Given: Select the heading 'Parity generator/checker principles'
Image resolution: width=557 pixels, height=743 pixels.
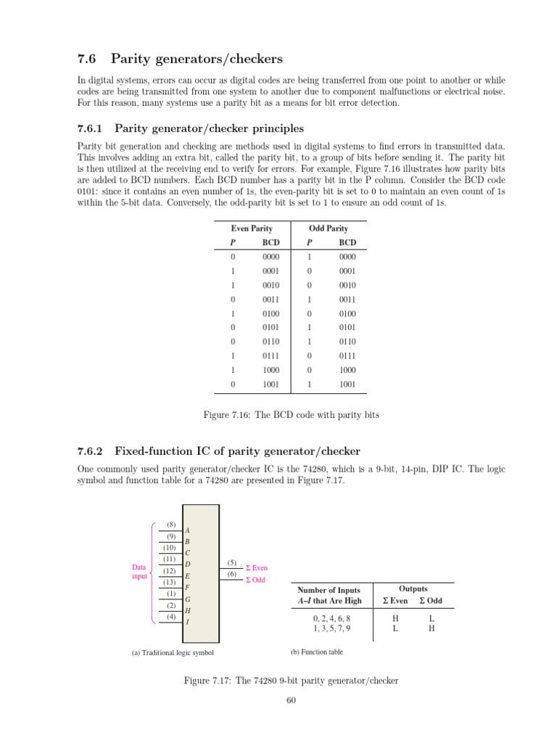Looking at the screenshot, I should [x=210, y=128].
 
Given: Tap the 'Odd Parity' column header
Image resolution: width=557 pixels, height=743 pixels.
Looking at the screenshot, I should [x=329, y=229].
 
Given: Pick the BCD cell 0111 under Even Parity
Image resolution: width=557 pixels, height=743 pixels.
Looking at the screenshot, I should [x=271, y=356].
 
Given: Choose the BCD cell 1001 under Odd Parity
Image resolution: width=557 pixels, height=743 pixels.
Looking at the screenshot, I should [x=347, y=385].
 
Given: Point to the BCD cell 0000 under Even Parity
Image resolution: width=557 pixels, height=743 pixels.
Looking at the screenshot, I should [x=271, y=257].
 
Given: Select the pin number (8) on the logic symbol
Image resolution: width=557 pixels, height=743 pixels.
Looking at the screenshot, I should [x=170, y=525].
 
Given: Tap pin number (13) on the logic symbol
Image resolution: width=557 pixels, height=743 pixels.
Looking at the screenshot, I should [x=170, y=582].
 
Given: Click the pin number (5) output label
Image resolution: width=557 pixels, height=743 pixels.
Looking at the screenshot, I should [x=231, y=562].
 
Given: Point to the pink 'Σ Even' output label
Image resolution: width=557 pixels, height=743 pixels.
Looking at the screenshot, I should [x=257, y=568].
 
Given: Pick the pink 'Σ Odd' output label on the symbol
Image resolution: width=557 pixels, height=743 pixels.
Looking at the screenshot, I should [x=255, y=580].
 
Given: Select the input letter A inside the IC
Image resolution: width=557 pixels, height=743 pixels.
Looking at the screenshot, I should [x=188, y=530].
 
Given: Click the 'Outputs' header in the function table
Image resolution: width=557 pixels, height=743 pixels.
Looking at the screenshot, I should [x=413, y=589].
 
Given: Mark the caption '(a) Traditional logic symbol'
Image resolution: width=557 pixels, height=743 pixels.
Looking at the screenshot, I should [x=173, y=652].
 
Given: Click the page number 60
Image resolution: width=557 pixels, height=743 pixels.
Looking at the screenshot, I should [x=292, y=700].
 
